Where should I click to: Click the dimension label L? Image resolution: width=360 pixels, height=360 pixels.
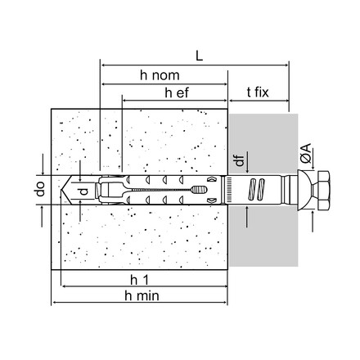(200, 56)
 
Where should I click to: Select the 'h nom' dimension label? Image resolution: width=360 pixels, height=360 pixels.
(160, 75)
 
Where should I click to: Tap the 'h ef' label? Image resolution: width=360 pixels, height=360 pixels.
(177, 92)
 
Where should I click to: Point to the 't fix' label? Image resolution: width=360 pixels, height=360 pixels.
(258, 92)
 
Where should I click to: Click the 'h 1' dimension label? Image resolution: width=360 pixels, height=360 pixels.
(139, 280)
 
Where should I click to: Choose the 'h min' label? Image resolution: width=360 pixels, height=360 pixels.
(142, 295)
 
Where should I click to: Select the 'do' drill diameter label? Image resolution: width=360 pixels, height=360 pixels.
(40, 189)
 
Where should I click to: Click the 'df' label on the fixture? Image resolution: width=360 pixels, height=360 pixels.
(240, 160)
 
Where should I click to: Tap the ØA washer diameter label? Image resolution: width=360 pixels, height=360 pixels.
(306, 154)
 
